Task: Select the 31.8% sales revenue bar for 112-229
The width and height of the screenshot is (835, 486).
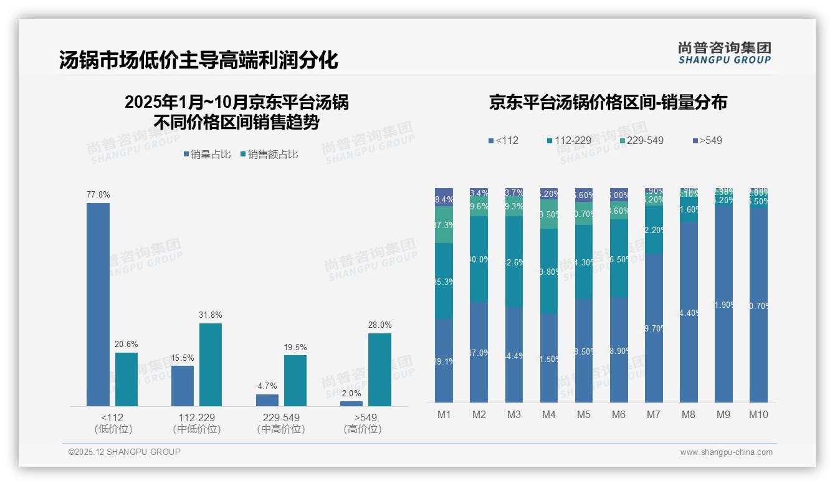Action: (211, 364)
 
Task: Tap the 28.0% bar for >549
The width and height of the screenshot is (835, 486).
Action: (379, 369)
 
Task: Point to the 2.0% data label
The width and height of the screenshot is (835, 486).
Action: (351, 393)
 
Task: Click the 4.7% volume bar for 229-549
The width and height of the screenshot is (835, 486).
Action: (267, 400)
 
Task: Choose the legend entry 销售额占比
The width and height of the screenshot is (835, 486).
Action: (269, 155)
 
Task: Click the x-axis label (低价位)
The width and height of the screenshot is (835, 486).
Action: (113, 429)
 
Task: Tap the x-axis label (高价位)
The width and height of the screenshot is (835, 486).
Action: (362, 429)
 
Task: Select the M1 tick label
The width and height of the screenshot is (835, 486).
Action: (444, 414)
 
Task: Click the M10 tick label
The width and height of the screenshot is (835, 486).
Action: (758, 414)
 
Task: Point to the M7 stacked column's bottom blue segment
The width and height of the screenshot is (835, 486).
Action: (654, 328)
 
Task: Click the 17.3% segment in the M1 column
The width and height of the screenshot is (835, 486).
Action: (444, 225)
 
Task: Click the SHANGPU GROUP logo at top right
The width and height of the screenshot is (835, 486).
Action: (724, 53)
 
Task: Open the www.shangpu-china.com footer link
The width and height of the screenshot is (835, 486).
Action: (726, 452)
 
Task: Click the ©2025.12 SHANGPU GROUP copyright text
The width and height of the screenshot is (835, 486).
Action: (125, 452)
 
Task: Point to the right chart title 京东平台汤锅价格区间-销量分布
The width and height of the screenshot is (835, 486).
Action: (608, 103)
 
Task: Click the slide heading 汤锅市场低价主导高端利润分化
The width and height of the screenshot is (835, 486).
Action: (199, 60)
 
